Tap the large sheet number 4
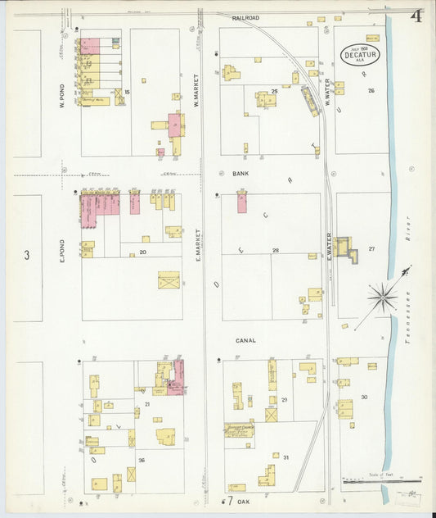click(x=416, y=17)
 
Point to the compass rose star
click(x=382, y=296)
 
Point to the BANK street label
click(x=240, y=175)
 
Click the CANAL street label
click(x=245, y=340)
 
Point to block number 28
click(x=276, y=250)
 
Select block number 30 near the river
click(x=364, y=398)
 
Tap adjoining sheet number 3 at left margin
click(x=26, y=256)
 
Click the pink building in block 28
click(x=242, y=202)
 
